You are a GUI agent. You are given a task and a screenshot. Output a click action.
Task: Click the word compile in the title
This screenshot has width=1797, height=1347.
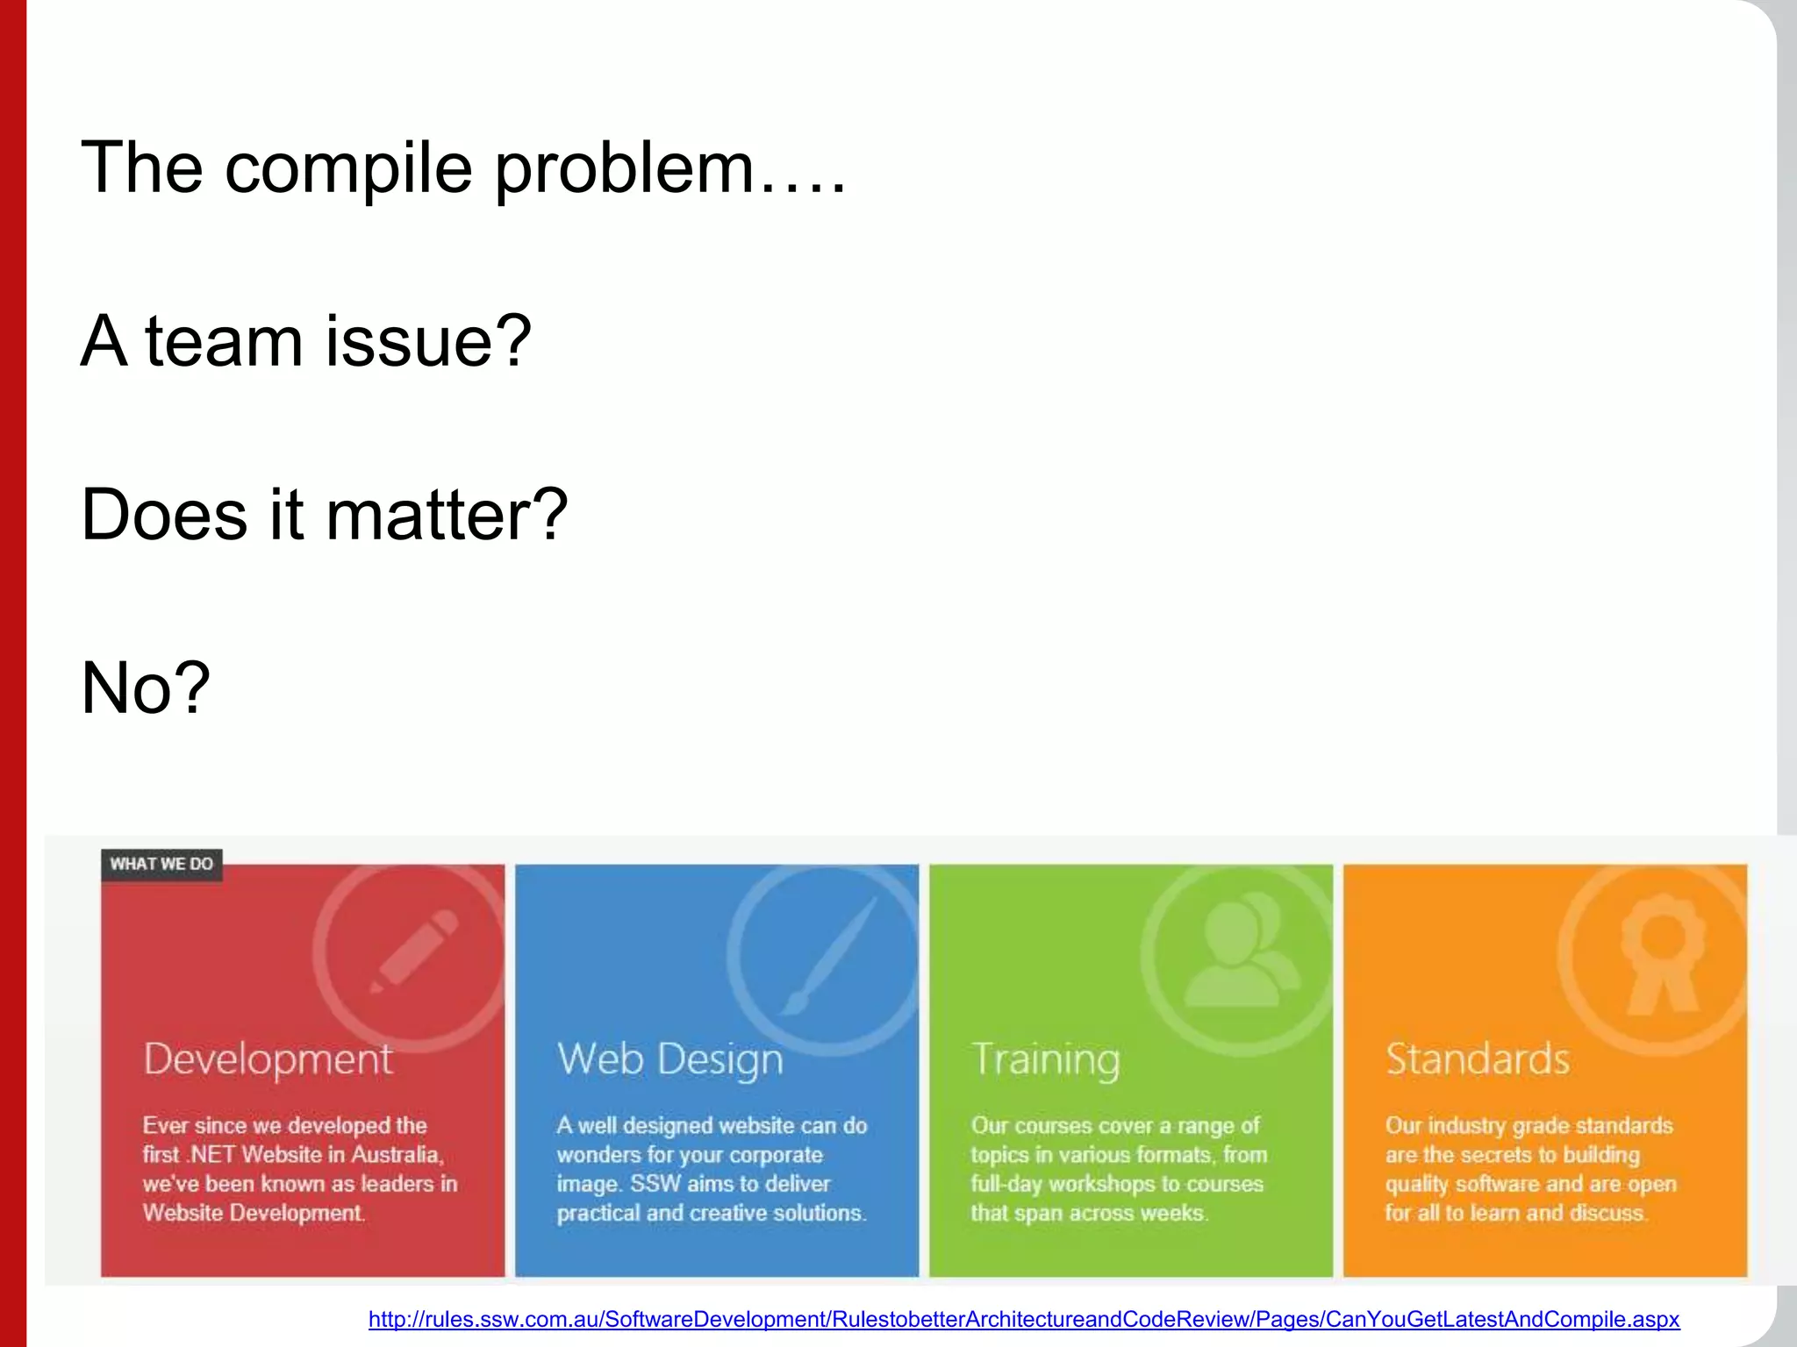click(348, 169)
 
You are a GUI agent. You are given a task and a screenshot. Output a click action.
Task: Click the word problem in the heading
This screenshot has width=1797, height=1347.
click(624, 169)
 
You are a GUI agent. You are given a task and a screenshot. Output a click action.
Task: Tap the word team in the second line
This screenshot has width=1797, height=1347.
click(223, 342)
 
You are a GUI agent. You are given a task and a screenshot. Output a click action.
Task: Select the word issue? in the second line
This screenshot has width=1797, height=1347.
click(428, 342)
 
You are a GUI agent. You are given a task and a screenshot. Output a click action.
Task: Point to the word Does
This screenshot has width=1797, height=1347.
click(163, 515)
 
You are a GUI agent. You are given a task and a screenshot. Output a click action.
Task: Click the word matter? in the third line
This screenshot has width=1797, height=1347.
click(447, 515)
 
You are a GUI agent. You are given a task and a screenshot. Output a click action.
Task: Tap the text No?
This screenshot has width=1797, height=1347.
click(146, 688)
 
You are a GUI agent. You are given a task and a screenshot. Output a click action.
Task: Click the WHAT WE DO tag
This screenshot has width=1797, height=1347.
click(161, 864)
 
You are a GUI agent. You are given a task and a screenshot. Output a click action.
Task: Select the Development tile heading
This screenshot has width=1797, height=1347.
click(268, 1059)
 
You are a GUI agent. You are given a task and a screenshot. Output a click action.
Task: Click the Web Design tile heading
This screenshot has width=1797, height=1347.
click(670, 1059)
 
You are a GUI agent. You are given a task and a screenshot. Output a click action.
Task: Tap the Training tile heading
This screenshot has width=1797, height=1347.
click(1046, 1059)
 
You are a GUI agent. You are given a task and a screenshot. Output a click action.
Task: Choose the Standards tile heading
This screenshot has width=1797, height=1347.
click(1478, 1059)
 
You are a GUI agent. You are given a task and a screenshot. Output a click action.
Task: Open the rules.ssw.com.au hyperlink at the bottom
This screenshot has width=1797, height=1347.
click(1023, 1319)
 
